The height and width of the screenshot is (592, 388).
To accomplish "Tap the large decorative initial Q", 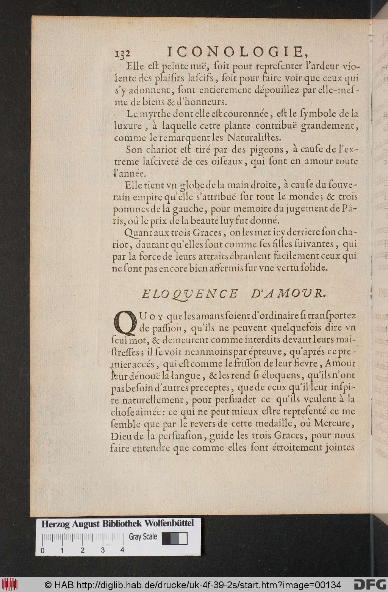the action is pyautogui.click(x=125, y=322).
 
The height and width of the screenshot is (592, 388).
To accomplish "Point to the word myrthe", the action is pyautogui.click(x=155, y=113).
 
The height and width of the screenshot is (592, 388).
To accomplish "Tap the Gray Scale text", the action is pyautogui.click(x=143, y=536).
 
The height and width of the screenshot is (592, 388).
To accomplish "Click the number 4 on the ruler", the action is pyautogui.click(x=122, y=550).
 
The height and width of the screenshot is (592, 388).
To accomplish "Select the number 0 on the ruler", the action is pyautogui.click(x=42, y=550).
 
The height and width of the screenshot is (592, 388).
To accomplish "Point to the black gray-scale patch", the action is pyautogui.click(x=166, y=538).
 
